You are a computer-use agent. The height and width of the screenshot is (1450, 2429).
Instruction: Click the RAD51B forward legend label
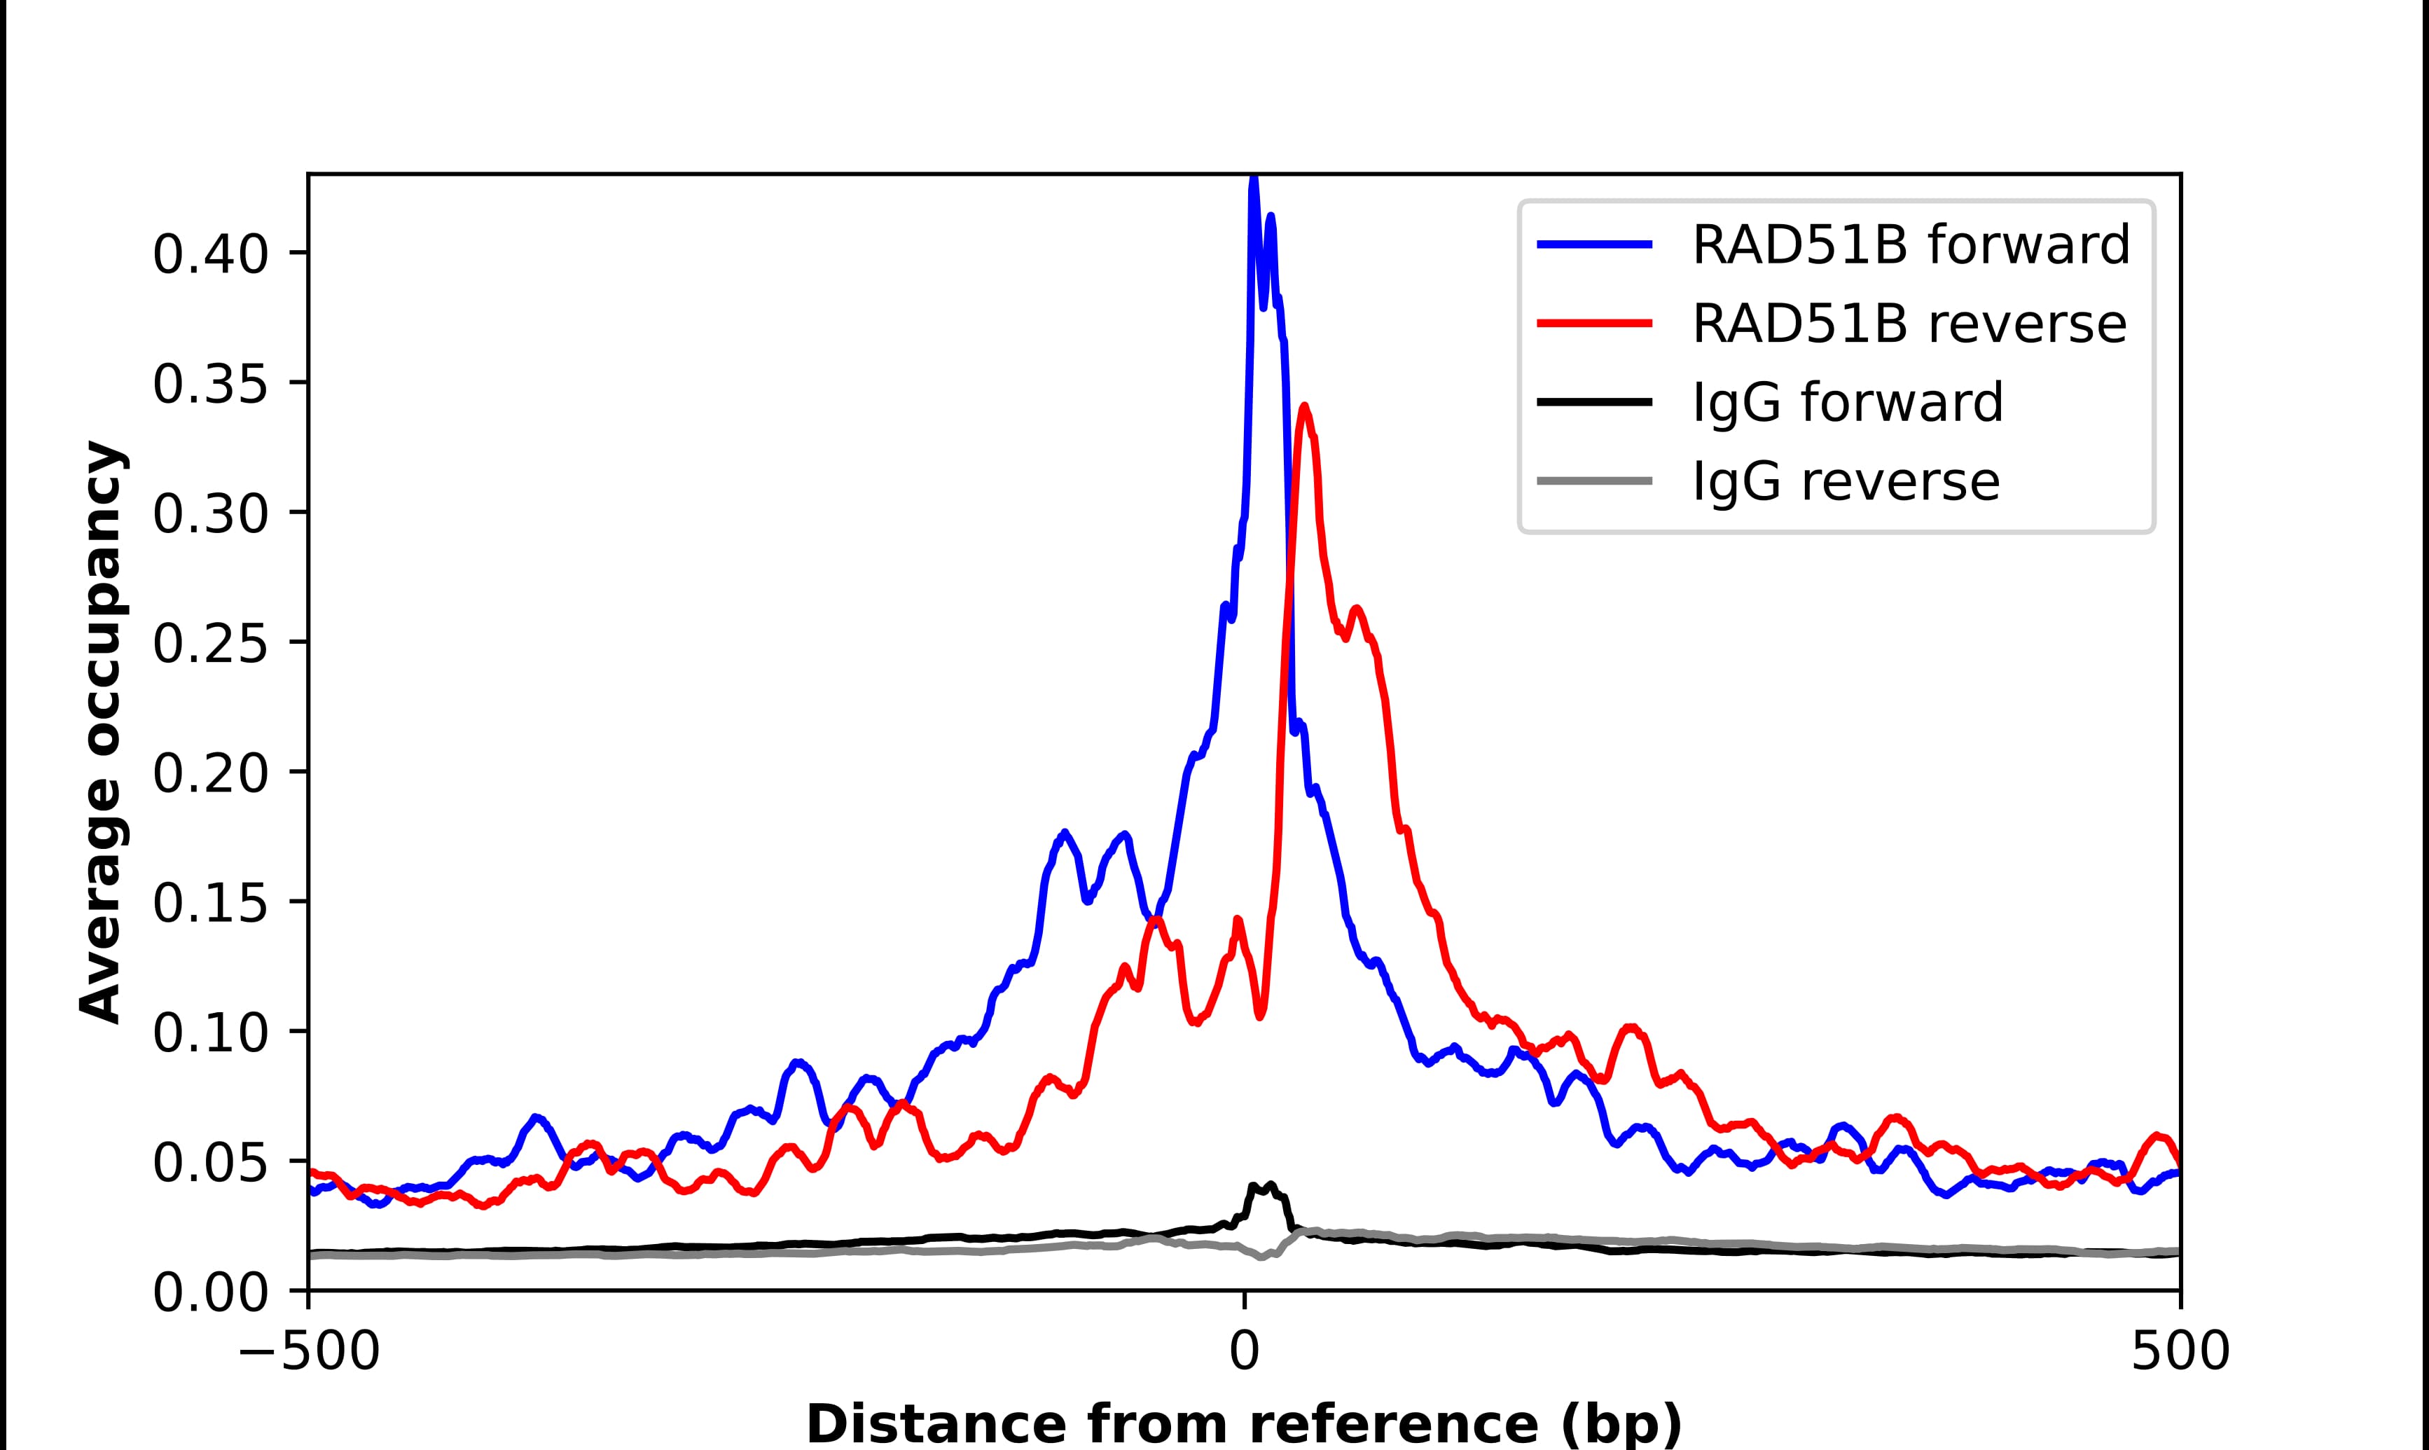[1911, 244]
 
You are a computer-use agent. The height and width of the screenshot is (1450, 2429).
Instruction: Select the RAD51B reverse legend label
[1909, 324]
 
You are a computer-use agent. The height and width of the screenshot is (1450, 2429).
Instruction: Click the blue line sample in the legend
[1595, 244]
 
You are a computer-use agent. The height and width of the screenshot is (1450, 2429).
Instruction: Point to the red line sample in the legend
[1595, 324]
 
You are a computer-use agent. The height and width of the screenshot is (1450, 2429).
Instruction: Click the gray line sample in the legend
[1595, 481]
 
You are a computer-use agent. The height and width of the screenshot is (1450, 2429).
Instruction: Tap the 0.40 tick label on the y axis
[210, 255]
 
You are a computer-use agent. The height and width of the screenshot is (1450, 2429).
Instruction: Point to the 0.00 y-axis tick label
[210, 1294]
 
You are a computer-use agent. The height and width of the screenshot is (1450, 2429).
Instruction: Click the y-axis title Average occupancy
[102, 733]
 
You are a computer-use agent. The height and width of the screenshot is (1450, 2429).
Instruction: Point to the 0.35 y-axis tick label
[210, 385]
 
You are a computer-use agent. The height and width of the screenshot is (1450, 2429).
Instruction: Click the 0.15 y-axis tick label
[210, 904]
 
